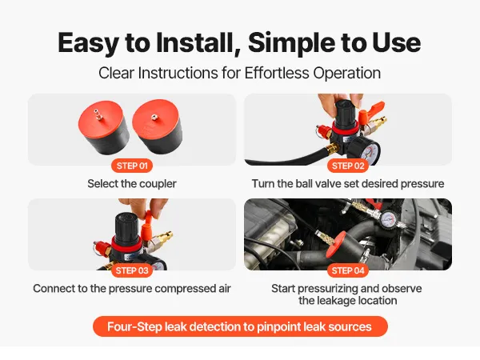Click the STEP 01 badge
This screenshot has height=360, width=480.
132,166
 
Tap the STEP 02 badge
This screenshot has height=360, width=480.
348,166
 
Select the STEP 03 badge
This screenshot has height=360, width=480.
132,270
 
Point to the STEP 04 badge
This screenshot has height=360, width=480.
348,270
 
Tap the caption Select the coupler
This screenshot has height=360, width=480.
132,184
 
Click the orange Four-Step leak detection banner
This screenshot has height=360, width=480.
240,326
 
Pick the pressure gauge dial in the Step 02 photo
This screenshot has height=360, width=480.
367,150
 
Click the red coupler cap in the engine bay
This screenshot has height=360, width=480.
335,245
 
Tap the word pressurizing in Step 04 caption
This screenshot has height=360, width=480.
328,289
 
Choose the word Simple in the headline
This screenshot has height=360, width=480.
292,43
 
